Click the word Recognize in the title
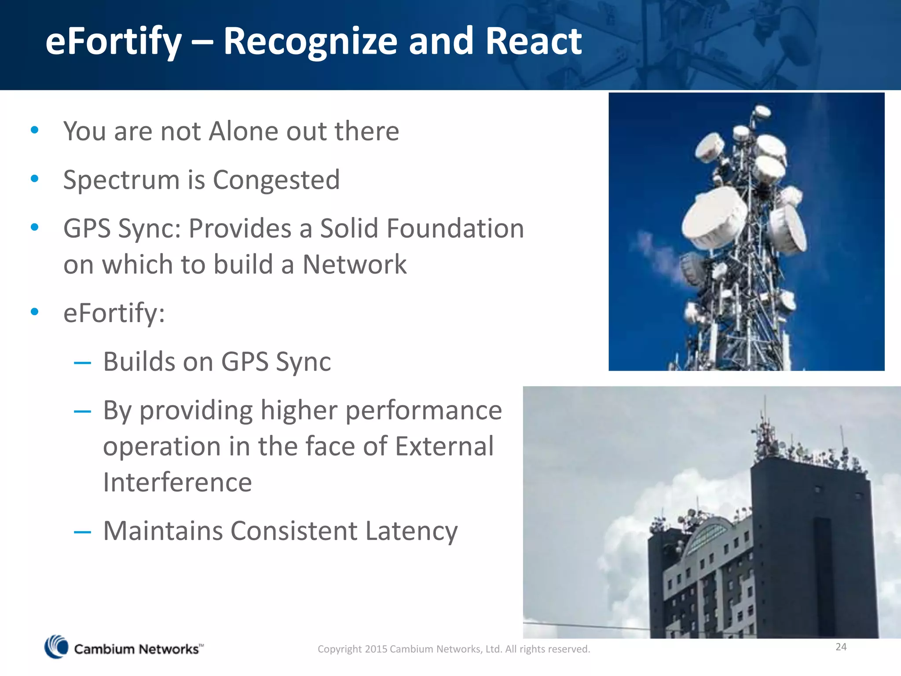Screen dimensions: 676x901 pyautogui.click(x=310, y=42)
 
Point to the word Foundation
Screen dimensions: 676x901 pyautogui.click(x=455, y=228)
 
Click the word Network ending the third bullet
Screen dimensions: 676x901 pyautogui.click(x=354, y=265)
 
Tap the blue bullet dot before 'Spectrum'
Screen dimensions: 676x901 pyautogui.click(x=35, y=179)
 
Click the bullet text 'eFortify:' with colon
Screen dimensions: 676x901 pyautogui.click(x=114, y=313)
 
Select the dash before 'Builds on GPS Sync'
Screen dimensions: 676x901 pyautogui.click(x=82, y=363)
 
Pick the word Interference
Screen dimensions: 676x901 pyautogui.click(x=177, y=482)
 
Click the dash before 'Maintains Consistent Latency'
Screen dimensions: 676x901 pyautogui.click(x=82, y=533)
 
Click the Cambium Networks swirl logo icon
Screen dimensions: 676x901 pyautogui.click(x=56, y=647)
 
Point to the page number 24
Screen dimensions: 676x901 pyautogui.click(x=841, y=647)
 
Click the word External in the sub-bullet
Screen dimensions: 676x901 pyautogui.click(x=444, y=446)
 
